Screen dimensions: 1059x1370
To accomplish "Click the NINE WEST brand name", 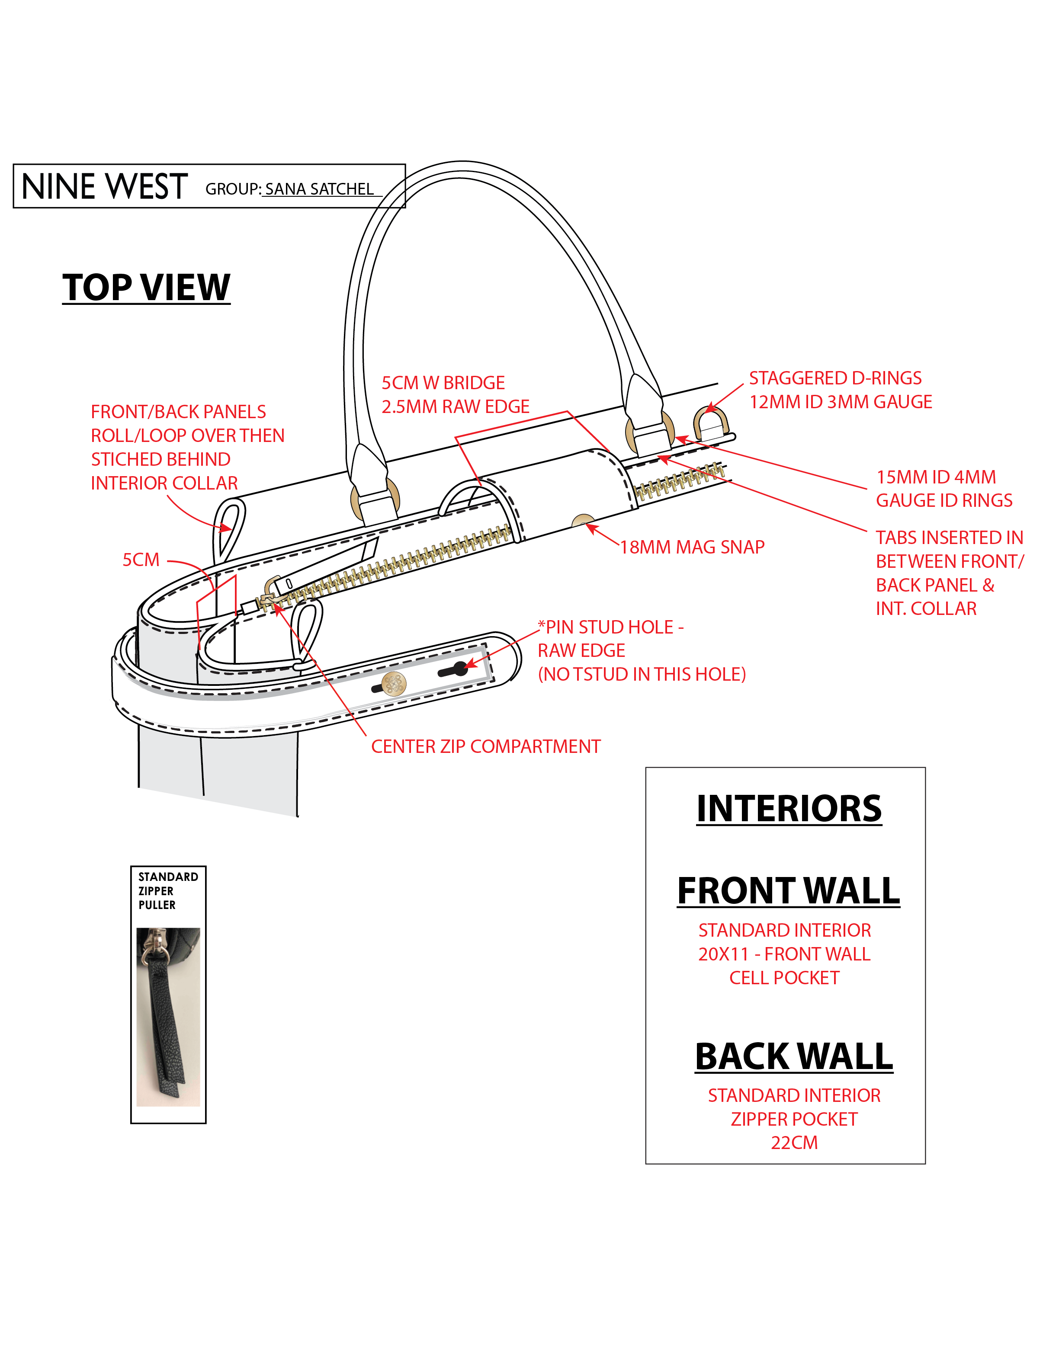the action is tap(105, 187).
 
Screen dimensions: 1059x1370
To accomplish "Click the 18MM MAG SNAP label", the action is tap(692, 547).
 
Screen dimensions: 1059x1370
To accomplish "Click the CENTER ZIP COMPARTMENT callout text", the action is tap(485, 746).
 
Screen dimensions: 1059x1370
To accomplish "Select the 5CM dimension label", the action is tap(141, 560).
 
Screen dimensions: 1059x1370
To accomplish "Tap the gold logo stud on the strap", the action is tap(394, 684).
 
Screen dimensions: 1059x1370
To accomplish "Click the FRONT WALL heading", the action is tap(789, 891).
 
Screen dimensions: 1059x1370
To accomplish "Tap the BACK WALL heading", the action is tap(794, 1056).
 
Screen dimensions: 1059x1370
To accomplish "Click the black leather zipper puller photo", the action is tap(168, 1017).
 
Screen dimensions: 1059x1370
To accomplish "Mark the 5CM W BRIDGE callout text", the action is tap(443, 383).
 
